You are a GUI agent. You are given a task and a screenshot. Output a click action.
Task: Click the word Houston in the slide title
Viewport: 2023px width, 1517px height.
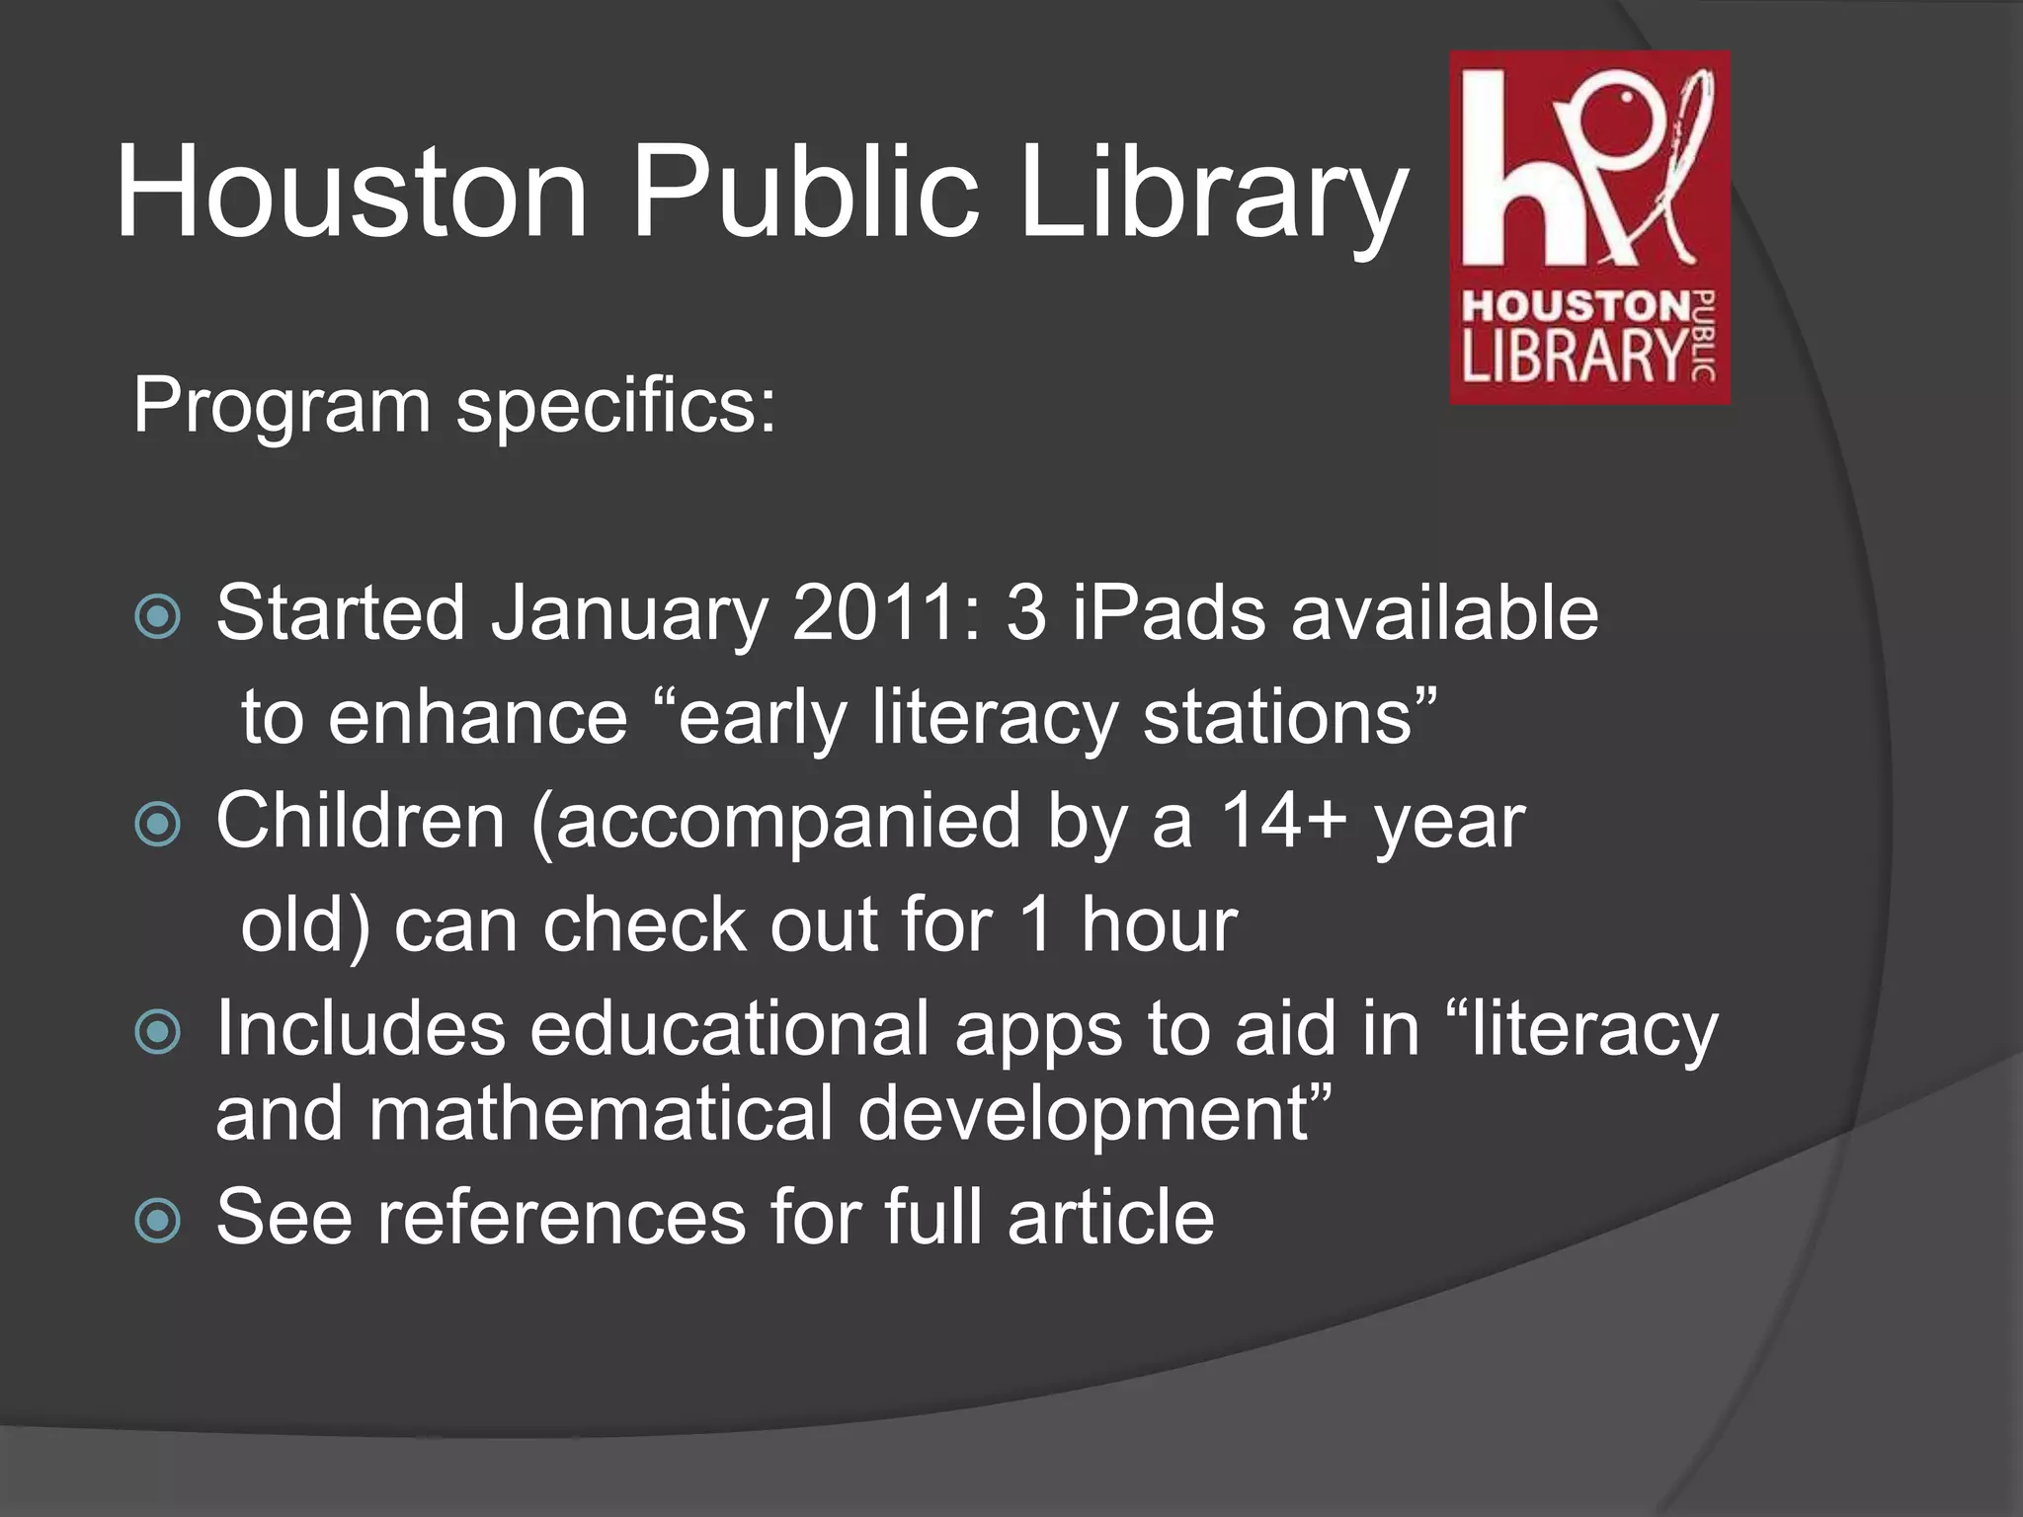click(x=352, y=193)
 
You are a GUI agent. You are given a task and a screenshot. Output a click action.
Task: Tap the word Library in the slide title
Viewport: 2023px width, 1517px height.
click(x=1211, y=193)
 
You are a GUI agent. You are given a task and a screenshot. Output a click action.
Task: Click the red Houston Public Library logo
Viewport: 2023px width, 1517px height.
click(x=1588, y=227)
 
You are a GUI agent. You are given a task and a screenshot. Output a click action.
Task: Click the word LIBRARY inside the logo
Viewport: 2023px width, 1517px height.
click(x=1574, y=357)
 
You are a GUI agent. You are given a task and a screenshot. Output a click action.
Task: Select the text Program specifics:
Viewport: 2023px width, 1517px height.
click(x=454, y=405)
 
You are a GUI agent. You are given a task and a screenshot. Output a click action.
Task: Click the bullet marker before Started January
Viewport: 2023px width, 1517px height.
click(x=158, y=617)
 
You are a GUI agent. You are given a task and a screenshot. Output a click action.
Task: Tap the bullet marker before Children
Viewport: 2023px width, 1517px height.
click(x=158, y=825)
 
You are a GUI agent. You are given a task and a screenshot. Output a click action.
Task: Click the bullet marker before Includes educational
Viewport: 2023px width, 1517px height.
click(x=158, y=1033)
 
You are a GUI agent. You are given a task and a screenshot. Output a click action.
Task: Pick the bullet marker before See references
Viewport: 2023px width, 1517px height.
click(x=158, y=1221)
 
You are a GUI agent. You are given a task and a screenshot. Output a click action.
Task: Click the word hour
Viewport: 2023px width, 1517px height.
click(x=1158, y=925)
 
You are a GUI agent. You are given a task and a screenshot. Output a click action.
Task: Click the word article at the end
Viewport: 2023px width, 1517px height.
click(x=1110, y=1218)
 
